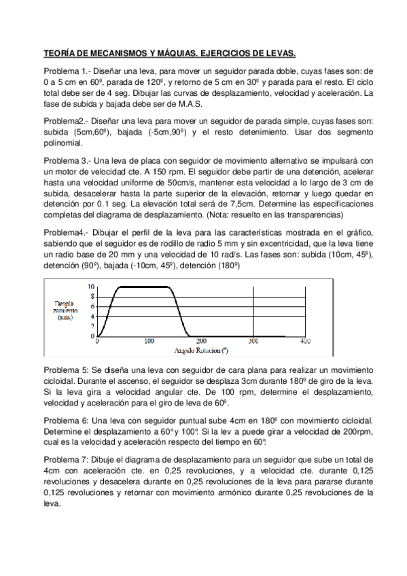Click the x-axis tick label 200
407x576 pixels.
pyautogui.click(x=201, y=342)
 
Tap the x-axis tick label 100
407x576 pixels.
pyautogui.click(x=149, y=342)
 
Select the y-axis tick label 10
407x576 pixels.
pyautogui.click(x=91, y=287)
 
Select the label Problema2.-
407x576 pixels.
pyautogui.click(x=66, y=121)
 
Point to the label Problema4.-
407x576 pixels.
pyautogui.click(x=66, y=232)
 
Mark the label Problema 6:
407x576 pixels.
pyautogui.click(x=66, y=420)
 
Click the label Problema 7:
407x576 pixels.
pyautogui.click(x=66, y=460)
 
